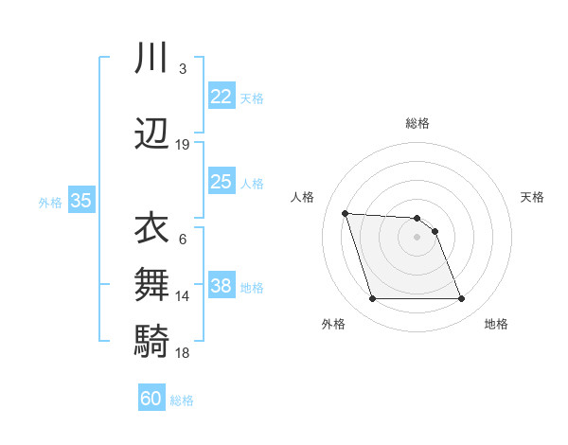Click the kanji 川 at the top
pyautogui.click(x=151, y=59)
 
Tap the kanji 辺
pyautogui.click(x=151, y=134)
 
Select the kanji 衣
pyautogui.click(x=151, y=228)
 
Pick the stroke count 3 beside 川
pyautogui.click(x=182, y=69)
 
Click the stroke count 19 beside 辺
pyautogui.click(x=183, y=145)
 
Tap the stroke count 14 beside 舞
pyautogui.click(x=183, y=296)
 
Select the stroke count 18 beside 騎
pyautogui.click(x=183, y=352)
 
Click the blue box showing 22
pyautogui.click(x=221, y=97)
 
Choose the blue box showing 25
pyautogui.click(x=221, y=182)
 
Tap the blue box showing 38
pyautogui.click(x=221, y=286)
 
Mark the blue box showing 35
pyautogui.click(x=80, y=201)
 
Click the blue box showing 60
pyautogui.click(x=151, y=400)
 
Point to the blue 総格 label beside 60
pyautogui.click(x=182, y=400)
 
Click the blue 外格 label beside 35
pyautogui.click(x=50, y=202)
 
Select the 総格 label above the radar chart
pyautogui.click(x=417, y=123)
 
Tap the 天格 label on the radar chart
pyautogui.click(x=533, y=197)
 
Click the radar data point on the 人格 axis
pyautogui.click(x=345, y=213)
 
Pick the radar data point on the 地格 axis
pyautogui.click(x=461, y=299)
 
